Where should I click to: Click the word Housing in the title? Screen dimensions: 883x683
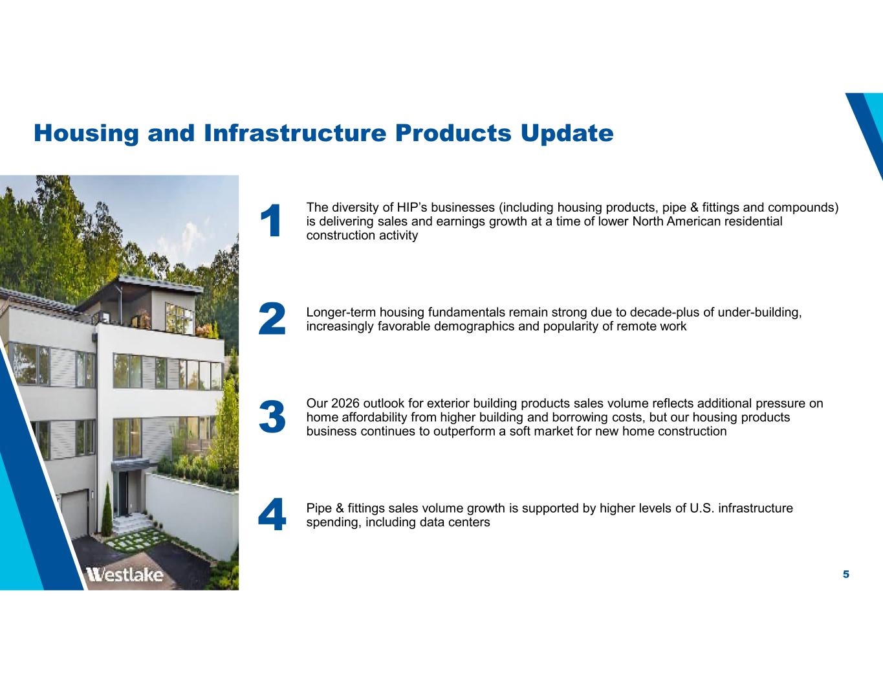(x=86, y=134)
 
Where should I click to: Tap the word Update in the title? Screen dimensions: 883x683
(x=567, y=134)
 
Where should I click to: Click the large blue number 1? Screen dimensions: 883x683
(x=271, y=220)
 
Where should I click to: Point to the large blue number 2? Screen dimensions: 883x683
(x=272, y=319)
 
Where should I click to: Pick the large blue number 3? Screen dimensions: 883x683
(x=272, y=417)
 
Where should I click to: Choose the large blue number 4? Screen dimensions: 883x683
(x=272, y=515)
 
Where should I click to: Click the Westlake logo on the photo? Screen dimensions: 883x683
(x=124, y=575)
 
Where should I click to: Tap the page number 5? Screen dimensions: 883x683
(x=846, y=574)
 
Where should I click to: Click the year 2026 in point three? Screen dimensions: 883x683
(x=345, y=403)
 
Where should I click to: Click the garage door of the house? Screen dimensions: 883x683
(x=74, y=513)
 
